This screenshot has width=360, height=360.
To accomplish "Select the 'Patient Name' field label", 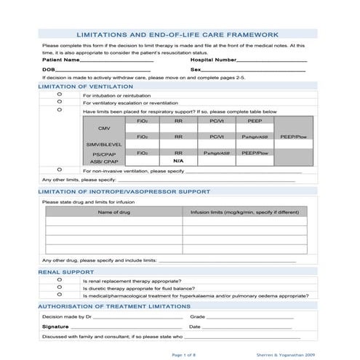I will (x=60, y=60).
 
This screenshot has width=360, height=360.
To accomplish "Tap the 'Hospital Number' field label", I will (x=213, y=60).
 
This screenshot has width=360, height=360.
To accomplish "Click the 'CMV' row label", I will (x=104, y=128).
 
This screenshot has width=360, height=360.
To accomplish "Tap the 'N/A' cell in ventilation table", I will (x=178, y=160).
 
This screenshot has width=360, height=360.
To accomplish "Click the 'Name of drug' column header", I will (x=113, y=212).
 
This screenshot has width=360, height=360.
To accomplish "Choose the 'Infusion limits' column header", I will (x=244, y=212).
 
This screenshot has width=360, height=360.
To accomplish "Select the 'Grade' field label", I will (x=196, y=317).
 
